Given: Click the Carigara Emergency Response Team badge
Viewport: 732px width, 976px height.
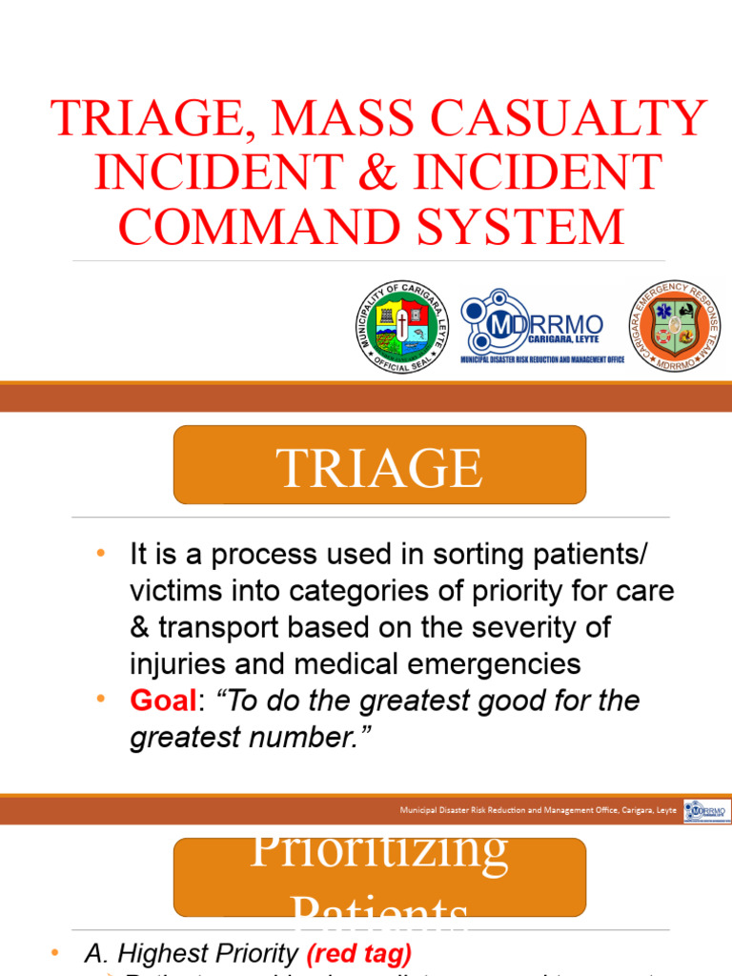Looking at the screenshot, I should [x=674, y=327].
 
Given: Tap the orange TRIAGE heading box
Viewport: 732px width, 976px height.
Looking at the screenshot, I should [x=379, y=465].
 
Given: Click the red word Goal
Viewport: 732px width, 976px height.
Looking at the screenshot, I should [x=161, y=701].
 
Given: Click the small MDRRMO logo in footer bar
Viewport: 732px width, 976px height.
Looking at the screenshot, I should [x=706, y=811].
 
